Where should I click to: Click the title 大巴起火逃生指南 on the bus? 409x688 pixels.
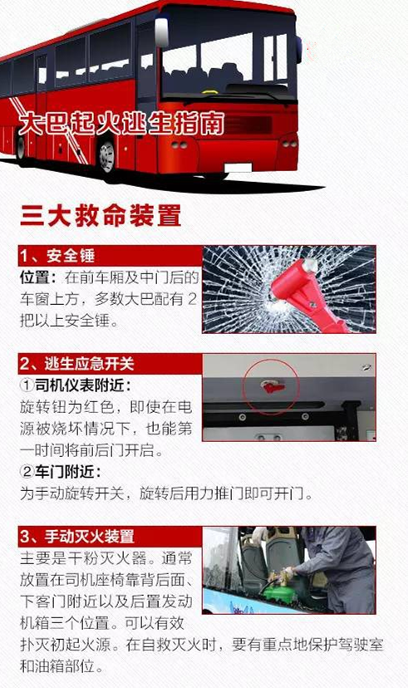(121, 124)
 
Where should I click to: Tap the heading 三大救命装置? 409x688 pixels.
(101, 215)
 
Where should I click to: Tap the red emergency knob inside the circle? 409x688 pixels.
(273, 386)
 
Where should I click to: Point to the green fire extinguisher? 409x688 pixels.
(281, 589)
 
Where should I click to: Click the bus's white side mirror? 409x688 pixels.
(161, 32)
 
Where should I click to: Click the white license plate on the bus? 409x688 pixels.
(238, 168)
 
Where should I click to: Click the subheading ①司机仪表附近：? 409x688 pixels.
(76, 386)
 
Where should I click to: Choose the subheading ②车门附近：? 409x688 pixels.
(61, 472)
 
